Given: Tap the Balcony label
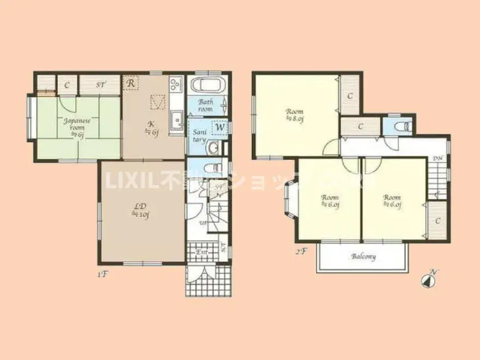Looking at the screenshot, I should [x=363, y=256].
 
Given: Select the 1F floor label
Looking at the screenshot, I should [x=102, y=274].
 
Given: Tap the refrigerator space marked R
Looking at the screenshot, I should [x=131, y=83].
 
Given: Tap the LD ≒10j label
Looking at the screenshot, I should [x=140, y=210].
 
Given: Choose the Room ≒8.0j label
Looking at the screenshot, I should [x=295, y=116].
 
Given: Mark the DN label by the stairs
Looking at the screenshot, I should [x=437, y=158].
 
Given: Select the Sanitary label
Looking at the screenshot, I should [x=199, y=135].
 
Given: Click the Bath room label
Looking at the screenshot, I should [x=206, y=105].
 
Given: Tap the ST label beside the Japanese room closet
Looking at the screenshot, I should [x=101, y=85].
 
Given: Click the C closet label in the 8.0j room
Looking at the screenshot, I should [x=350, y=95].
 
